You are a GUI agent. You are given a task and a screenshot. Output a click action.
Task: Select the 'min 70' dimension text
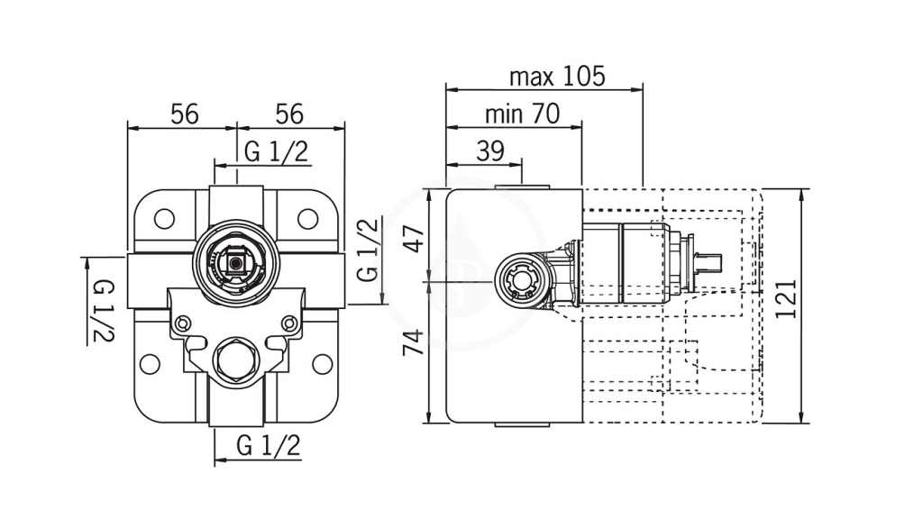[x=522, y=114]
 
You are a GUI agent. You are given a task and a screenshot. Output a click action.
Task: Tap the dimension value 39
[x=490, y=151]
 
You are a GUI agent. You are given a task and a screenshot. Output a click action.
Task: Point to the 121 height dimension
[x=786, y=298]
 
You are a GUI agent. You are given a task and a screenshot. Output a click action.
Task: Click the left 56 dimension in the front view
[x=185, y=114]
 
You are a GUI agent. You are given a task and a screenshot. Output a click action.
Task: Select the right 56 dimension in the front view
[x=289, y=114]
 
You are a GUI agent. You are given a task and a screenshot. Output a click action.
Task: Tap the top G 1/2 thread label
[x=276, y=151]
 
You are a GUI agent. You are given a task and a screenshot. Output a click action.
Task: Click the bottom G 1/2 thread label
[x=269, y=446]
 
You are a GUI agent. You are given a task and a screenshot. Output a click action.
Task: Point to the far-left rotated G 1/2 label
[x=103, y=310]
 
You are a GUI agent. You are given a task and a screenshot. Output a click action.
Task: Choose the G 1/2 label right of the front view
[x=368, y=250]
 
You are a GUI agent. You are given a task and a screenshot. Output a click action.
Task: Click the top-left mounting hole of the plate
[x=164, y=219]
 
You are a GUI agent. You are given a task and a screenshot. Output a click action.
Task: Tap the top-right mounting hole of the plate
[x=307, y=219]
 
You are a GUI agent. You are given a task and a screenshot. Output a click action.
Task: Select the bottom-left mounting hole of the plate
[x=151, y=364]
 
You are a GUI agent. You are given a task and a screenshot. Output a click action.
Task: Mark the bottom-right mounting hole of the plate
[x=322, y=364]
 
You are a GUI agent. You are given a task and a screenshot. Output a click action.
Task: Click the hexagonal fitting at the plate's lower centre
[x=235, y=360]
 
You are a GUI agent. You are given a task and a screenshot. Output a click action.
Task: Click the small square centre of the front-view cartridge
[x=236, y=263]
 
